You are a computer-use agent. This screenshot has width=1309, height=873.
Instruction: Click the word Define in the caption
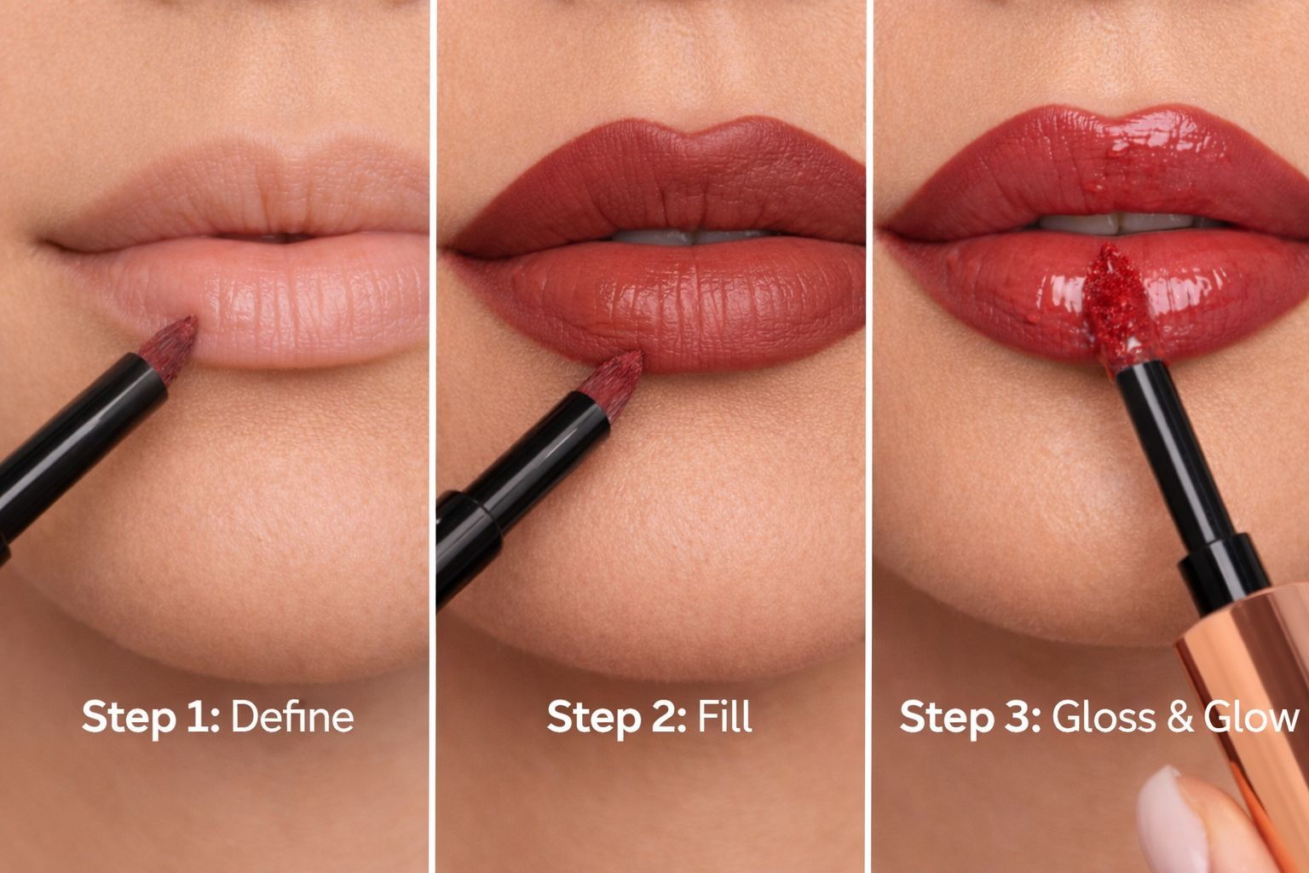point(293,716)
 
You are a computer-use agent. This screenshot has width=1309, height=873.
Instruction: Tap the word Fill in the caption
point(724,716)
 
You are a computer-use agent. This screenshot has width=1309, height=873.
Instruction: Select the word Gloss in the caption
point(1104,716)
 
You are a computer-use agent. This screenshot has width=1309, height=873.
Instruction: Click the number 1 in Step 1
point(199,717)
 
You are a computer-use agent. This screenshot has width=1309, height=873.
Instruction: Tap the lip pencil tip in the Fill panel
point(612,384)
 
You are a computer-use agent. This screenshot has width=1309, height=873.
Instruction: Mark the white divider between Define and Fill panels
point(433,436)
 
